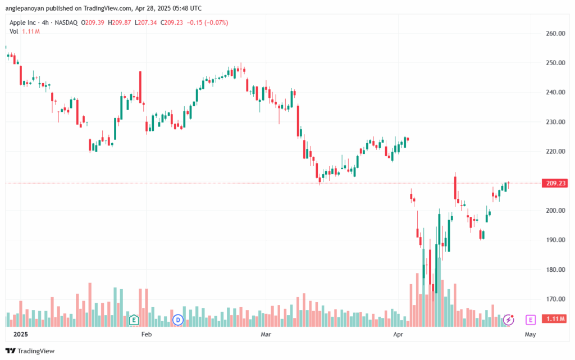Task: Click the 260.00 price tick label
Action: pyautogui.click(x=555, y=33)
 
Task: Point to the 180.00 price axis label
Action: pyautogui.click(x=555, y=270)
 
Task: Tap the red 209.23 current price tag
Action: pyautogui.click(x=555, y=183)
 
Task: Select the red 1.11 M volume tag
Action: pyautogui.click(x=555, y=319)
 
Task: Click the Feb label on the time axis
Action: pyautogui.click(x=147, y=334)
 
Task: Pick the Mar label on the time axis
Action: pyautogui.click(x=266, y=334)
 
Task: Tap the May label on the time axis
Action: pyautogui.click(x=530, y=334)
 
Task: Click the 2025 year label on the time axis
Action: pyautogui.click(x=21, y=334)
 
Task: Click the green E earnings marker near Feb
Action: pyautogui.click(x=134, y=320)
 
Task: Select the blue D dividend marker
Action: pyautogui.click(x=178, y=320)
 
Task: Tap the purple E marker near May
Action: pyautogui.click(x=530, y=320)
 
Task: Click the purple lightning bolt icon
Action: pyautogui.click(x=508, y=320)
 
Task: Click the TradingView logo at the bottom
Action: pyautogui.click(x=30, y=351)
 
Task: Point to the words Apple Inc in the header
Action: pyautogui.click(x=22, y=22)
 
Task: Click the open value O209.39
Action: pyautogui.click(x=93, y=22)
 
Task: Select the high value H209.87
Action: pyautogui.click(x=120, y=22)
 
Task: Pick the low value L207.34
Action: pyautogui.click(x=145, y=22)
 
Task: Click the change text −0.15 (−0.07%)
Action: pyautogui.click(x=208, y=22)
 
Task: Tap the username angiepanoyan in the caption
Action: pyautogui.click(x=25, y=8)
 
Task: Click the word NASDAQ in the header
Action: pyautogui.click(x=66, y=22)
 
